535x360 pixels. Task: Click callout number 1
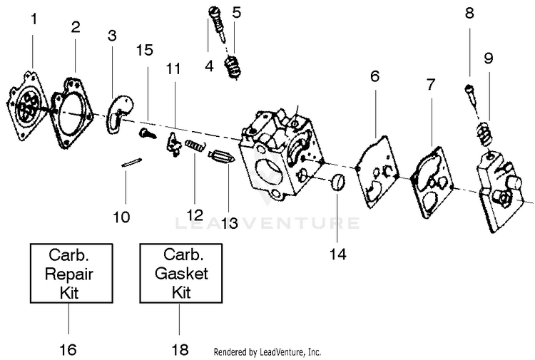(x=34, y=19)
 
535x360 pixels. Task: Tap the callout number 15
(x=144, y=50)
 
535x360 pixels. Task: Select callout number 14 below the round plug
(x=338, y=254)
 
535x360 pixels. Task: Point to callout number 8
(x=469, y=13)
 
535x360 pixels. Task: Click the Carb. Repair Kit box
(x=71, y=274)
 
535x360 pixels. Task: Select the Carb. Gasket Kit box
(x=181, y=274)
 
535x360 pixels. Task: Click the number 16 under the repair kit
(x=68, y=349)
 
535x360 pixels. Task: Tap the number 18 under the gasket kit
(x=180, y=349)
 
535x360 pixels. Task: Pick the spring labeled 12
(x=195, y=145)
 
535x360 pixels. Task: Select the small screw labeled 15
(x=148, y=133)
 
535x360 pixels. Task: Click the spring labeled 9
(x=485, y=134)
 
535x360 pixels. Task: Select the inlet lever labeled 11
(x=173, y=145)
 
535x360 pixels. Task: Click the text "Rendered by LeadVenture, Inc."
(x=267, y=352)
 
